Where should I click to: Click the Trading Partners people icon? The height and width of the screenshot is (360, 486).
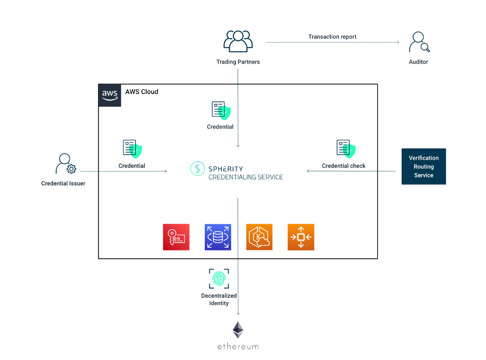pos(238,42)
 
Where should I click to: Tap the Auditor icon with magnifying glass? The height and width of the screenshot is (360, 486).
pos(418,43)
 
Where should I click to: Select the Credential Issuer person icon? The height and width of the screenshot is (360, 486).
pos(65,164)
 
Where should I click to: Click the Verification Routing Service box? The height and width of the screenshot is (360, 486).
pos(424,166)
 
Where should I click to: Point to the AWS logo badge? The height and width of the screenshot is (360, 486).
pos(110,95)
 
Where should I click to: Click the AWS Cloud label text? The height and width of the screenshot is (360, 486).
pos(141,92)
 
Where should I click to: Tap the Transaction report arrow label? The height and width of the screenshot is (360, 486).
pos(332,37)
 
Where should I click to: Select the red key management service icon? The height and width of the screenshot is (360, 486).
pos(176,237)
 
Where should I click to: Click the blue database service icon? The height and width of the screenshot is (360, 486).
pos(218,237)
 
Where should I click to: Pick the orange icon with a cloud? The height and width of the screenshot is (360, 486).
pos(259,237)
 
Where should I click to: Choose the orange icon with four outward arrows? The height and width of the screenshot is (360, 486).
pos(301,237)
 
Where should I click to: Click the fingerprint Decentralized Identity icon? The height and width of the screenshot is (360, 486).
pos(219,279)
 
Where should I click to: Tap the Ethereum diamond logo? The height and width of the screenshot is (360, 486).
pos(239,330)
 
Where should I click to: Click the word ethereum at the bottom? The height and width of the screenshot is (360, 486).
pos(239,347)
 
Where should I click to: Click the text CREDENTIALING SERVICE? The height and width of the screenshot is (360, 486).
pos(246,177)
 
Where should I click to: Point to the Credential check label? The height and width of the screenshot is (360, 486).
pos(343,166)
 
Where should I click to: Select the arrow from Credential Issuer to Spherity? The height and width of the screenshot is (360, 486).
pos(123,171)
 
